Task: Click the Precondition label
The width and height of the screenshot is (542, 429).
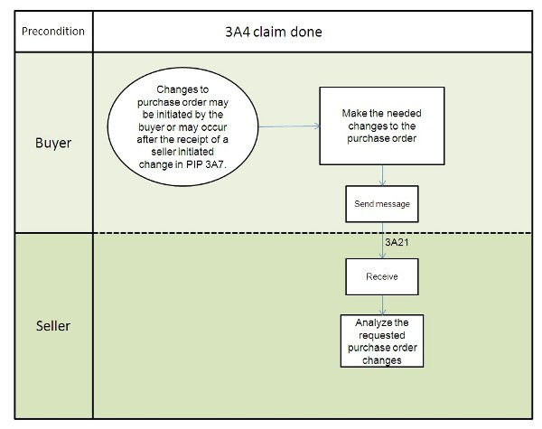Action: click(x=52, y=32)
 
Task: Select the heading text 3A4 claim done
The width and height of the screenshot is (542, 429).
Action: click(x=274, y=32)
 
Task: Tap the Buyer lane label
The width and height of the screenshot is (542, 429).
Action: click(x=52, y=143)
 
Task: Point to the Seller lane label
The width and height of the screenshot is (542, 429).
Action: click(x=52, y=326)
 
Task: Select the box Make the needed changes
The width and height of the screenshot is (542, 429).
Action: click(x=380, y=126)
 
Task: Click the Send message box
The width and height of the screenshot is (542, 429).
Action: click(x=382, y=204)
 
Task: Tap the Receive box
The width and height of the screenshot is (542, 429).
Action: click(x=382, y=277)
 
